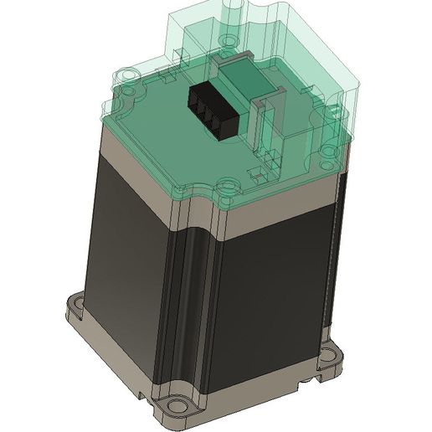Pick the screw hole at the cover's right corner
(x=327, y=152)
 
